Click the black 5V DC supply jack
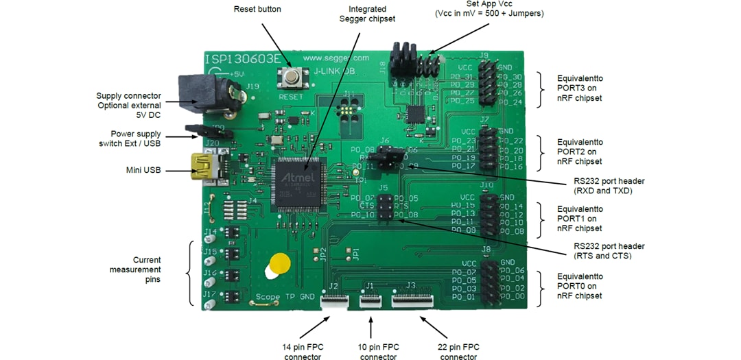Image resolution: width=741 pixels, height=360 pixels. (x=200, y=94)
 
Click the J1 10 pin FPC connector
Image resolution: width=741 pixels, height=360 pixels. (x=370, y=299)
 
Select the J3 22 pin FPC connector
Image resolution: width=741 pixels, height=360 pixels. (x=412, y=299)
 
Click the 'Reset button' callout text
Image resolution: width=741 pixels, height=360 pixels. (x=257, y=10)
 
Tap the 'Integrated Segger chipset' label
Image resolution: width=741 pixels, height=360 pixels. (x=367, y=14)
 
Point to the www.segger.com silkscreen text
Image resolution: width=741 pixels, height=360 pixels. (x=336, y=58)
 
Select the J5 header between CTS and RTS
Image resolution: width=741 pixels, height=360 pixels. (x=385, y=206)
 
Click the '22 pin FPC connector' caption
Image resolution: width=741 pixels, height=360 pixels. (x=458, y=352)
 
